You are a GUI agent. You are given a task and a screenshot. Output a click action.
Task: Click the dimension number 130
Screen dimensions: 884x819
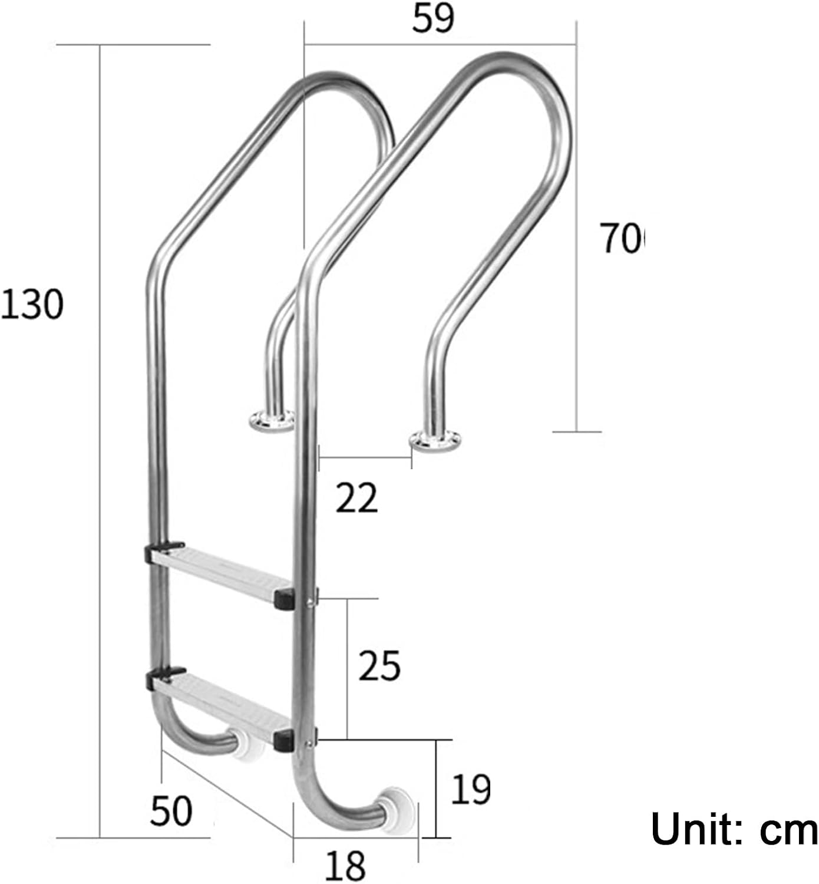32,304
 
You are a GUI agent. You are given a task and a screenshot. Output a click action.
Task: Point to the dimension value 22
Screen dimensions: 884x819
356,498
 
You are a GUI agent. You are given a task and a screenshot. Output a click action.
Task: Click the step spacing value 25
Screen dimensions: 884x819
379,666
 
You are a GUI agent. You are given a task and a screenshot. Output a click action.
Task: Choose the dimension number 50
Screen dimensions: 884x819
171,811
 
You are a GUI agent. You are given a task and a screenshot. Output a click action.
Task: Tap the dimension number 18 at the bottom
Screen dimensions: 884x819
345,865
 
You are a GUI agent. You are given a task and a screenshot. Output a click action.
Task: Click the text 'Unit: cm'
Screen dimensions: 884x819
734,829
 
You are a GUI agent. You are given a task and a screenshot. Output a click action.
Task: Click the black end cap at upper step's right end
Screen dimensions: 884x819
283,599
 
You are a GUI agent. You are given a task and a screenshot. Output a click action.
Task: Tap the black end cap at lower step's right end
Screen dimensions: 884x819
283,740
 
